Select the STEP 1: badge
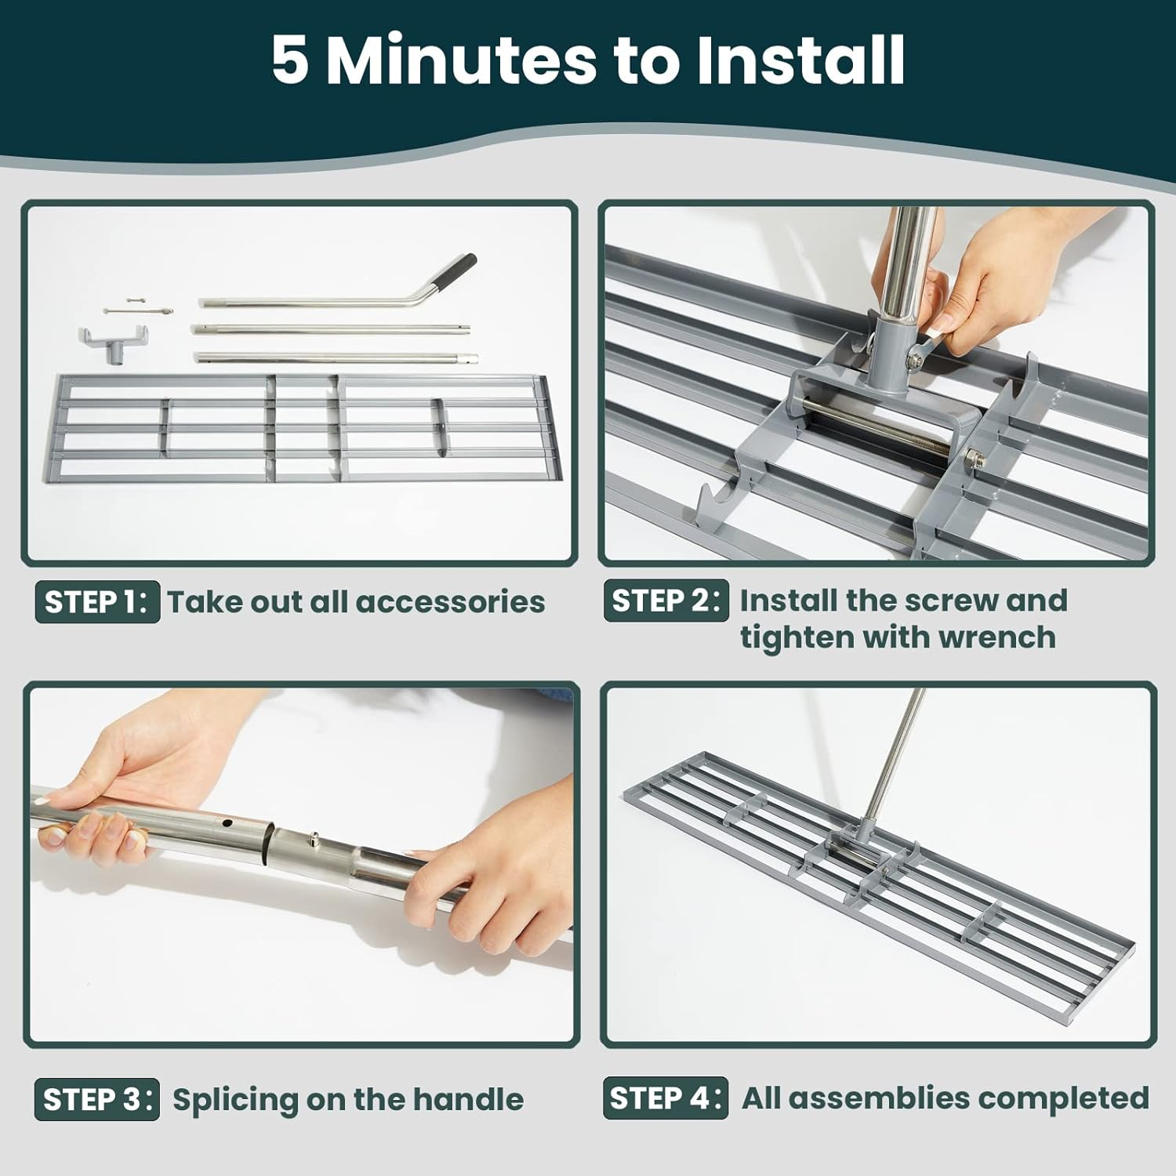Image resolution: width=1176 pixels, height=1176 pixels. point(97,602)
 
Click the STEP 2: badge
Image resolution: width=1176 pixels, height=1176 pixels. point(666,601)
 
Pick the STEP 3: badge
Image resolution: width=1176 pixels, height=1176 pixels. point(96,1099)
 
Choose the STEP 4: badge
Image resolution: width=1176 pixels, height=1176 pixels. point(666,1098)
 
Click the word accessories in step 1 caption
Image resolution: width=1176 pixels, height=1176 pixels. point(450,602)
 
